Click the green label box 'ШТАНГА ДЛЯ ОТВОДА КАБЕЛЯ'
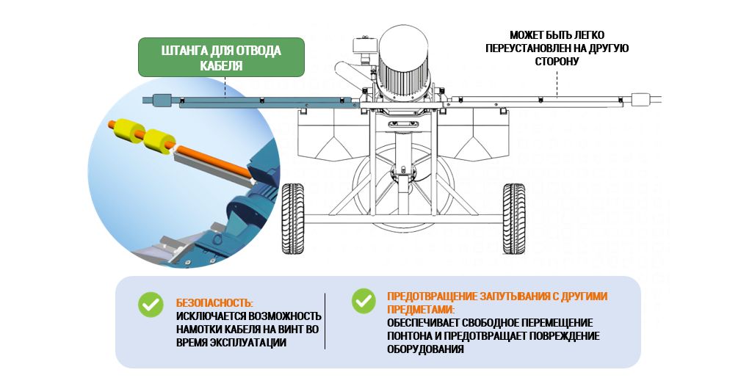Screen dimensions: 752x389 click(x=221, y=57)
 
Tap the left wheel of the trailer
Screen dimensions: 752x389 click(x=292, y=219)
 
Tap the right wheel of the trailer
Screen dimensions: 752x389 click(x=513, y=219)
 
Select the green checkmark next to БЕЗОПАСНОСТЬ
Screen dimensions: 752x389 click(x=151, y=305)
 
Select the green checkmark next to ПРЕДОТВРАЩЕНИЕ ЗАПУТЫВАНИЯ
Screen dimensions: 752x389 click(x=364, y=301)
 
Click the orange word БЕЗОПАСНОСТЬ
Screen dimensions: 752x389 click(x=214, y=303)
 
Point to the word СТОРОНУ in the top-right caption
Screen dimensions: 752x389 click(x=557, y=62)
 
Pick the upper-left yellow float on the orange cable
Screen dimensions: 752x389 click(x=129, y=129)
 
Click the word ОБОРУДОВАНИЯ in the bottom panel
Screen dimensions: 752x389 click(x=425, y=349)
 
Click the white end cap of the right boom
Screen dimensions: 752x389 click(x=640, y=100)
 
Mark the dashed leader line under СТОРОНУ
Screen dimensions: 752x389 click(x=557, y=84)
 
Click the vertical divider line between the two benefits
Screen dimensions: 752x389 click(x=325, y=321)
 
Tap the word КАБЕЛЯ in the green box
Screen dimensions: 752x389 click(x=221, y=65)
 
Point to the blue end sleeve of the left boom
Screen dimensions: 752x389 click(x=162, y=100)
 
